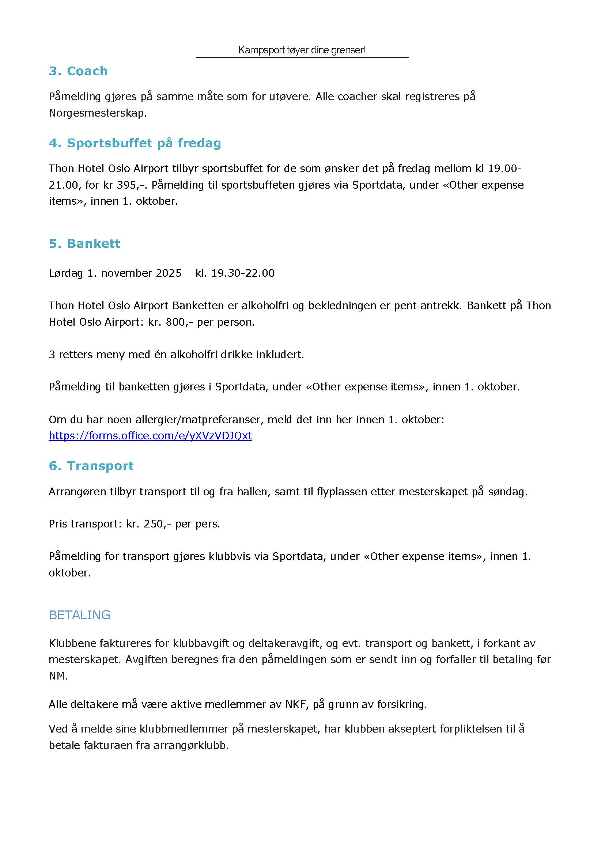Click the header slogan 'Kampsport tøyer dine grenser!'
click(x=302, y=50)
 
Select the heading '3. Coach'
click(x=78, y=71)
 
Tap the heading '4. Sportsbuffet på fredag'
click(x=135, y=143)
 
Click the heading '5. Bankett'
click(x=84, y=243)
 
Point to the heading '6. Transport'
click(x=91, y=466)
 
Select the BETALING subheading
click(x=79, y=615)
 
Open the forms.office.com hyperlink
click(x=150, y=435)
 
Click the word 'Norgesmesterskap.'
click(x=98, y=113)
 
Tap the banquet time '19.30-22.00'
click(x=243, y=273)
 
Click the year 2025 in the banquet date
click(x=169, y=273)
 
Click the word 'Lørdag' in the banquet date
click(x=66, y=273)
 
